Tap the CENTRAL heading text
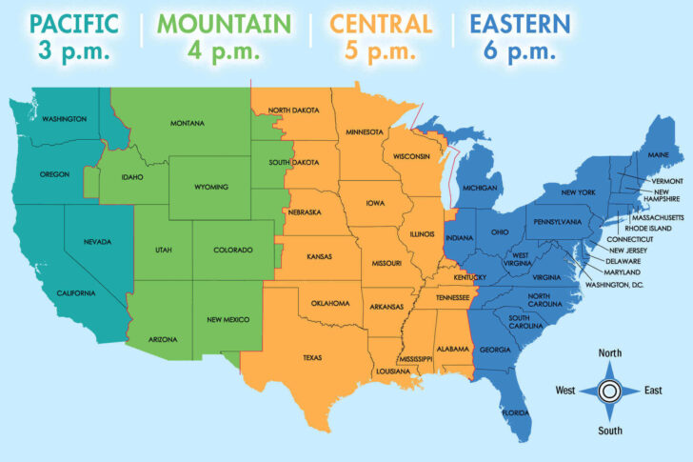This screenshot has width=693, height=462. coord(381,23)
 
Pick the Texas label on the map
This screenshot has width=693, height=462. coord(312,358)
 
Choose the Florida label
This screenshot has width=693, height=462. coord(517,412)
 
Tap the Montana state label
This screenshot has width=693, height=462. coord(188,124)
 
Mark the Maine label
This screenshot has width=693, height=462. coord(657,154)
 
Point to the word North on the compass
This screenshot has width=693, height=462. coord(610,353)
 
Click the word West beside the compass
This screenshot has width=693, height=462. coord(565,391)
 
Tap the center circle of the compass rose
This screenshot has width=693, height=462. coord(610,391)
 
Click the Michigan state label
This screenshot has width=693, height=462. coord(481,189)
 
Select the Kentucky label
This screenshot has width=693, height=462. coord(470,277)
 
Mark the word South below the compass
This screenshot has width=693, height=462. coord(610,429)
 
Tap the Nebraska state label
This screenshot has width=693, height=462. coord(305,212)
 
